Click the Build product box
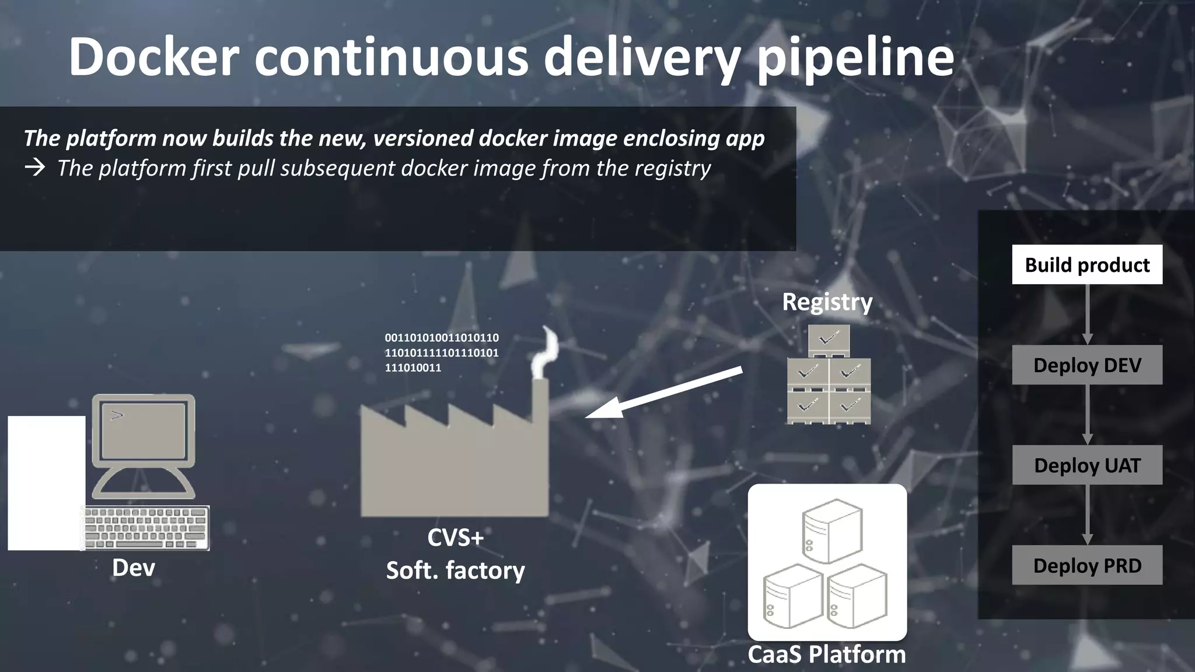1087,265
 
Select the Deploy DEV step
1087,365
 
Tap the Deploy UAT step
1087,466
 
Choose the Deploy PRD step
1087,565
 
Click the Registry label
827,302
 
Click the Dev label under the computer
134,568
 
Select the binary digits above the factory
442,352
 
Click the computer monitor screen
144,430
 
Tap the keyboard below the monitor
146,528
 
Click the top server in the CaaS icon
832,530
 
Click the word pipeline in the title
855,57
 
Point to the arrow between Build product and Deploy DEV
1087,314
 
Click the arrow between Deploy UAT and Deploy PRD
1087,514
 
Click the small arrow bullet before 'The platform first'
35,169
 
